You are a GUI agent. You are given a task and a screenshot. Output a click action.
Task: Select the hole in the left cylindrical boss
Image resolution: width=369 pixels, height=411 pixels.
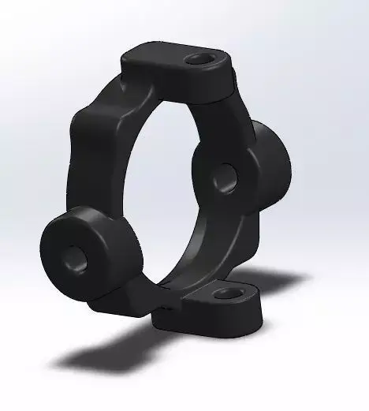[75, 254]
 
